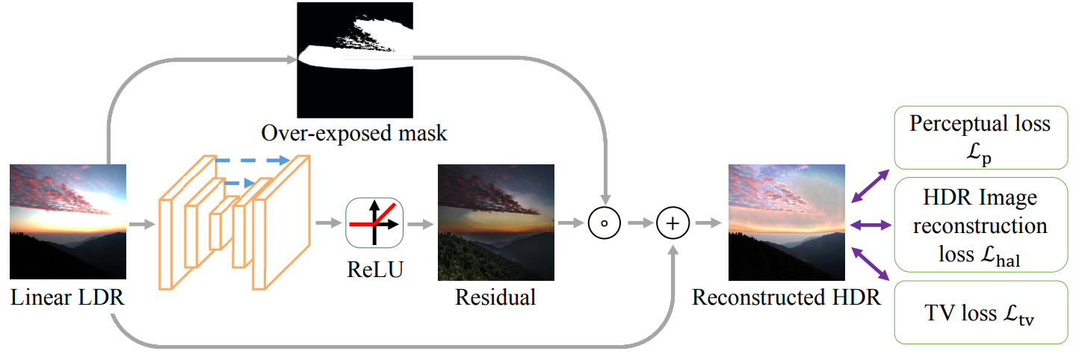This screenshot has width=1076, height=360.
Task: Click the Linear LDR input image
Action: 68,222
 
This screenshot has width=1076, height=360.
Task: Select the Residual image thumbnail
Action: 495,222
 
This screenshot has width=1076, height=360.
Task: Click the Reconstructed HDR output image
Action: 786,222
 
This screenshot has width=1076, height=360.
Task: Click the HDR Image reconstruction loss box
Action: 980,224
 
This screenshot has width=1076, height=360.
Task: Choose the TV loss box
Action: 980,313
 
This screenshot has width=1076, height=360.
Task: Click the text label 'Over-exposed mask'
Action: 354,134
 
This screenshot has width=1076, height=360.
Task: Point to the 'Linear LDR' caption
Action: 67,297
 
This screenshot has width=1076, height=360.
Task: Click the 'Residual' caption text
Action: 495,297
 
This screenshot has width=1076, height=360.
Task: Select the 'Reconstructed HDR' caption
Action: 786,297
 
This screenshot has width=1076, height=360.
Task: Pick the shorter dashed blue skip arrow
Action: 236,181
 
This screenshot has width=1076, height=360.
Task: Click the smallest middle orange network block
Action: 217,231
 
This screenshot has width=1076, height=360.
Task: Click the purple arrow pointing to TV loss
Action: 870,263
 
